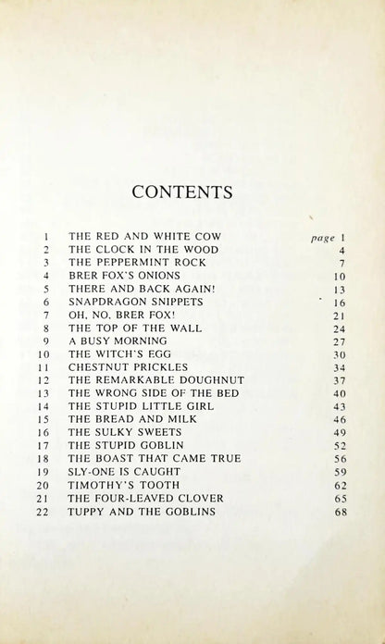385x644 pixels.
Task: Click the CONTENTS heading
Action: (x=181, y=192)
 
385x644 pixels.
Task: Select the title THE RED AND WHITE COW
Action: (x=146, y=237)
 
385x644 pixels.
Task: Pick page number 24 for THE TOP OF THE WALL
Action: (x=340, y=328)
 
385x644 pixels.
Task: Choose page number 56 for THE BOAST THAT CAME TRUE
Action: (x=340, y=458)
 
